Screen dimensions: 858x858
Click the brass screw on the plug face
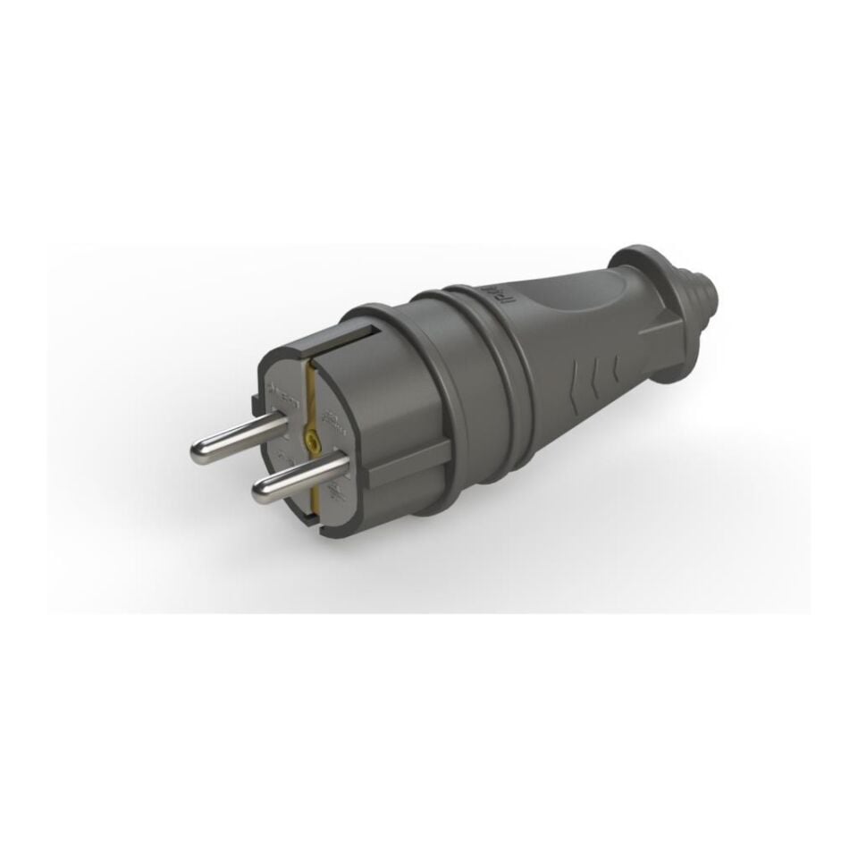click(x=310, y=439)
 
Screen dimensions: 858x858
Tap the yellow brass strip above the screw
click(x=310, y=393)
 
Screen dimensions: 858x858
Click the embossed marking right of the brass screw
click(x=332, y=418)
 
